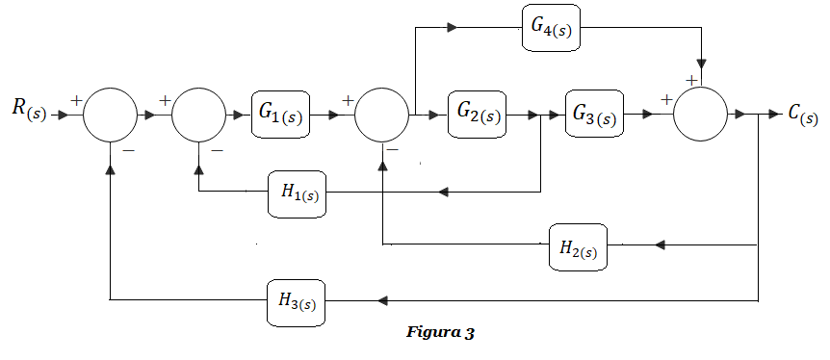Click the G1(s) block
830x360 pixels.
coord(280,115)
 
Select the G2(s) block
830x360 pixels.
coord(477,115)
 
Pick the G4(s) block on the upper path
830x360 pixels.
coord(551,28)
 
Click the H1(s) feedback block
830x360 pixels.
coord(297,193)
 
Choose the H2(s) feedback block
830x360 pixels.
coord(578,246)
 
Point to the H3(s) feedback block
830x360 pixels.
coord(296,303)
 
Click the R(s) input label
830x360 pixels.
coord(30,111)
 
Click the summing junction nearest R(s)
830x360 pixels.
coord(110,115)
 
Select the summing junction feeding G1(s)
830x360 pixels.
coord(198,115)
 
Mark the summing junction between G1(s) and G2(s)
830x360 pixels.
coord(381,115)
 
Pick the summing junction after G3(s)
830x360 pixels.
coord(700,115)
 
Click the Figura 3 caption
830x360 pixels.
coord(440,333)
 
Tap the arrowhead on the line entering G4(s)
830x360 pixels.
coord(453,28)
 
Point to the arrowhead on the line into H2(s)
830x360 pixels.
coord(660,245)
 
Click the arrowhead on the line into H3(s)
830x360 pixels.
coord(382,300)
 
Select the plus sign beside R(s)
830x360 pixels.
coord(76,100)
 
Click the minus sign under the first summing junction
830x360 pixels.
coord(128,151)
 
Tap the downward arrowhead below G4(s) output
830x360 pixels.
coord(702,64)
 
